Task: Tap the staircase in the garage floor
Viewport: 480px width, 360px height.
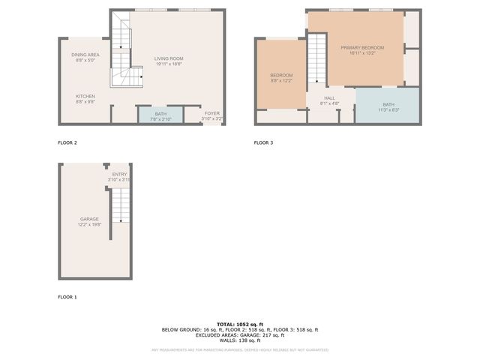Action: tap(119, 209)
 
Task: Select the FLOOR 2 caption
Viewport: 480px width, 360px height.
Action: tap(67, 142)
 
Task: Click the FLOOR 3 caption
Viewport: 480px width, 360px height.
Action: tap(263, 142)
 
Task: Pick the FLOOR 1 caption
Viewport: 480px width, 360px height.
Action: tap(67, 298)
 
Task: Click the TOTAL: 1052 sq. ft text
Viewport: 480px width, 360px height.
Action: tap(240, 323)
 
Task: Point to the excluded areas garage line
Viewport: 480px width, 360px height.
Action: tap(240, 335)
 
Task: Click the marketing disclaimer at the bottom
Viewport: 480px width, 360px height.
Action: tap(240, 349)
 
